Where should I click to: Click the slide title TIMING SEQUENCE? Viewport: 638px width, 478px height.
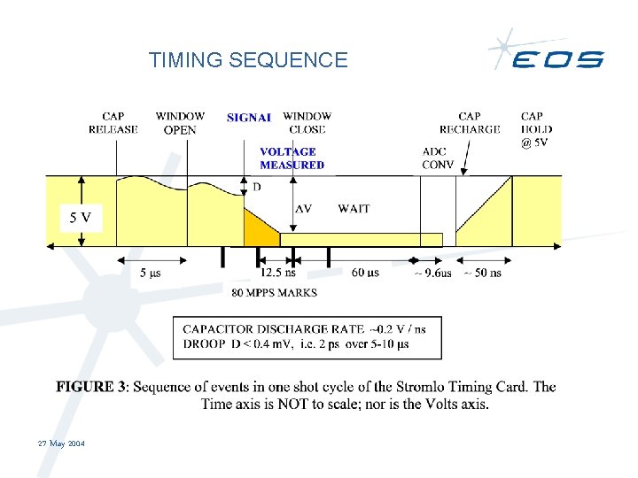(248, 60)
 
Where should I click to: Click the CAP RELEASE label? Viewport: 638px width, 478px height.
(113, 123)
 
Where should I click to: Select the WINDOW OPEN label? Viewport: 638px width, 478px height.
(180, 123)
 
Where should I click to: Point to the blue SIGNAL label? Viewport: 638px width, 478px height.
(249, 117)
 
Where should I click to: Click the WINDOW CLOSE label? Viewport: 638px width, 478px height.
(307, 123)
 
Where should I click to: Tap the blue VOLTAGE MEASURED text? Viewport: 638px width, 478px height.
(292, 158)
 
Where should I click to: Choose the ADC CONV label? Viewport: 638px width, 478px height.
(438, 158)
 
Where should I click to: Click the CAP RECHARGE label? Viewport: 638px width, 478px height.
(470, 123)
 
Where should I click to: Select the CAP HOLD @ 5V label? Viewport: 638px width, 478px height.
(534, 129)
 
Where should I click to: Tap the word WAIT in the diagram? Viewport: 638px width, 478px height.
(354, 209)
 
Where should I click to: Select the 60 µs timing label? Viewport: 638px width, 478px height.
(365, 273)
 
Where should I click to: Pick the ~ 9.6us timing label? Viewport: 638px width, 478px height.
(432, 274)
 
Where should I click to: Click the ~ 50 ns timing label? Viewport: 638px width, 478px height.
(482, 273)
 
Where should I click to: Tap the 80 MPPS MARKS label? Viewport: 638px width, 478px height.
(274, 292)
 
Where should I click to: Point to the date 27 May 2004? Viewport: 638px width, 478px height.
(61, 443)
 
